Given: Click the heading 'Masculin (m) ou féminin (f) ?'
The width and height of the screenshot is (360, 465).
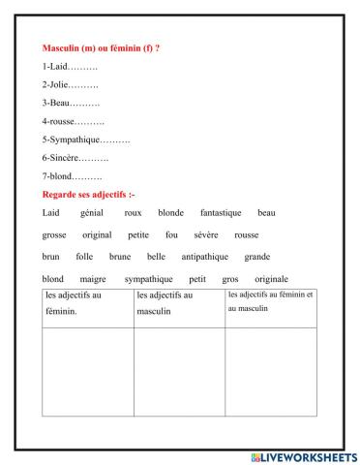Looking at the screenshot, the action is pyautogui.click(x=102, y=47).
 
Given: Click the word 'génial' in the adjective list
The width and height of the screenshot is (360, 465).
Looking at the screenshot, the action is pyautogui.click(x=92, y=212).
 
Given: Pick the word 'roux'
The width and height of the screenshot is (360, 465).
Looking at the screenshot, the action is pyautogui.click(x=134, y=212).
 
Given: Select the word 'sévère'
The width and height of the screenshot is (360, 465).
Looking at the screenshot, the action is pyautogui.click(x=205, y=234).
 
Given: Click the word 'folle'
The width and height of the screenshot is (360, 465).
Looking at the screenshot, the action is pyautogui.click(x=84, y=257).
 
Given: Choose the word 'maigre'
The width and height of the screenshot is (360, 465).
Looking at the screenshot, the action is pyautogui.click(x=93, y=279).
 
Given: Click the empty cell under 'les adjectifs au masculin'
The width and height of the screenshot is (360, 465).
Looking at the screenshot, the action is pyautogui.click(x=178, y=374).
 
